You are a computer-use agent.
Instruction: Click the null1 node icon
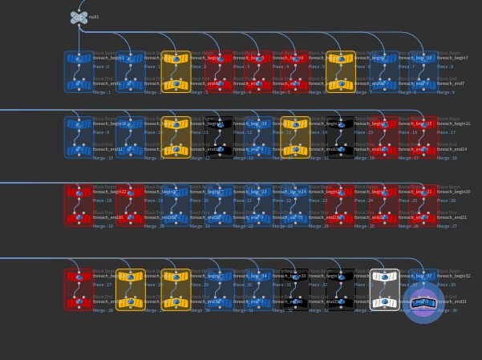point(79,17)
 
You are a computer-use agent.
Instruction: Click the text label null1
point(94,17)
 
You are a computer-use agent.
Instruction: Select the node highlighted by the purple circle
point(423,302)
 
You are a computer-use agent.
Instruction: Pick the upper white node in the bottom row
point(385,277)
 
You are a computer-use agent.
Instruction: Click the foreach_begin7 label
point(452,58)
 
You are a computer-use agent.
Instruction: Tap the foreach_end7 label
point(451,83)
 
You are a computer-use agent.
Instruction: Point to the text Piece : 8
point(446,67)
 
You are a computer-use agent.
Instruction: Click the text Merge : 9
point(446,92)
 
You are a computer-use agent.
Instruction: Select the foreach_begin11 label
point(454,123)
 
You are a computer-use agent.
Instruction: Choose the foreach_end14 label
point(452,149)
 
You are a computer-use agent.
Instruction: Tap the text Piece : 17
point(447,132)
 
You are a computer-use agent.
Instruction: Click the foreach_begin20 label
point(454,192)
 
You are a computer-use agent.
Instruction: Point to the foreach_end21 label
point(452,217)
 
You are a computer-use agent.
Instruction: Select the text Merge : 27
point(447,226)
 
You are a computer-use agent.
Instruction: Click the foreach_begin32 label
point(454,276)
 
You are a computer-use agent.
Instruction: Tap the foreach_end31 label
point(452,301)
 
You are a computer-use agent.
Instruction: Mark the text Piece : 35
point(447,285)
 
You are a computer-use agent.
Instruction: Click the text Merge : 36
point(447,310)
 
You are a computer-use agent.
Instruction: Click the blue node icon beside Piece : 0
point(79,59)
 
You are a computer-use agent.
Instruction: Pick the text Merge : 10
point(103,158)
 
